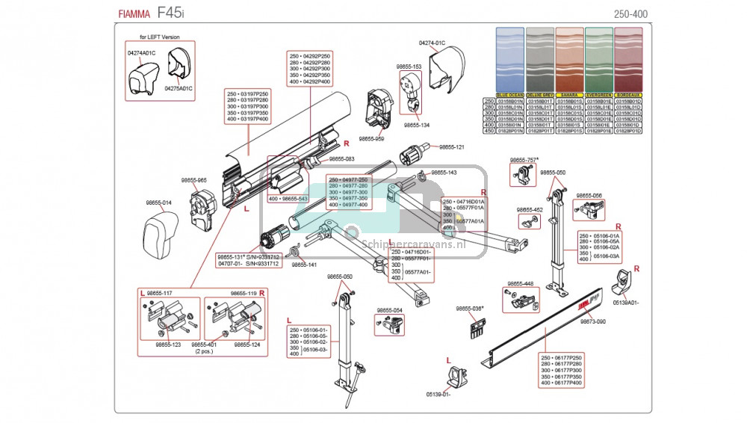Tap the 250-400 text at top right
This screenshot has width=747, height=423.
click(x=630, y=14)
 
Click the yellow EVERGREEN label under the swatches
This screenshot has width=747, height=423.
click(x=598, y=96)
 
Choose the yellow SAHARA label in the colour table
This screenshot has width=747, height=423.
click(x=569, y=96)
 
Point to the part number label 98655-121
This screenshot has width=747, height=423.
click(x=451, y=147)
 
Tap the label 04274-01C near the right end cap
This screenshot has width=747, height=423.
click(x=432, y=43)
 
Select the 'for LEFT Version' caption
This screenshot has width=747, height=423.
click(x=160, y=37)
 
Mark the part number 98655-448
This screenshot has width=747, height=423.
click(x=520, y=284)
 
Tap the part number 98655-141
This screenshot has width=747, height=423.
click(x=304, y=265)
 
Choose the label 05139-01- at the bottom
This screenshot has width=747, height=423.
click(x=438, y=394)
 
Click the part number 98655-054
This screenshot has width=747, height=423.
click(x=389, y=310)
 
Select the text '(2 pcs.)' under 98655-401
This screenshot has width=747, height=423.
click(x=204, y=351)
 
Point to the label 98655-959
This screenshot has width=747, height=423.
click(x=371, y=138)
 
